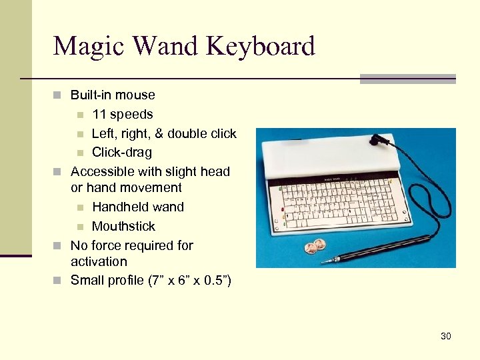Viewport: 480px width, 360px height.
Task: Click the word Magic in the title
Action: click(x=87, y=47)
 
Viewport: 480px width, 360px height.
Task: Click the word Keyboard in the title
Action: click(x=261, y=47)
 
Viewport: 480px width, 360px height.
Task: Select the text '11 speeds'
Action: click(x=123, y=114)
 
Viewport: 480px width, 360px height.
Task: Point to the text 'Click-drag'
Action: click(x=122, y=152)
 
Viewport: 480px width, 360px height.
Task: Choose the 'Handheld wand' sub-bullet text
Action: click(x=138, y=207)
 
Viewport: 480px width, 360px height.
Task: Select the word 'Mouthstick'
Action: click(x=123, y=226)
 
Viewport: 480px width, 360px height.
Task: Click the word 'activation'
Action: click(x=99, y=261)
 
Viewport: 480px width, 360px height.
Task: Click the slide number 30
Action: click(x=445, y=336)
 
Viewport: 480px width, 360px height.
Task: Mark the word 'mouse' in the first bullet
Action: click(x=135, y=95)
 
